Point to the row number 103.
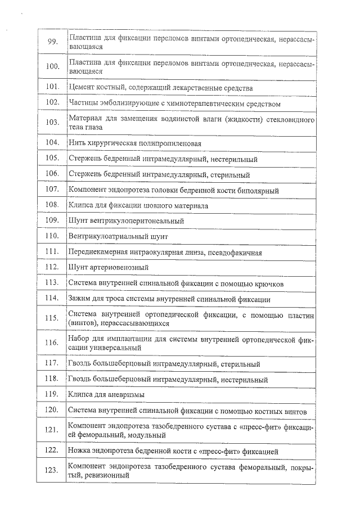coord(52,123)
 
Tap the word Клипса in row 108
coord(79,206)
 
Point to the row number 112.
coord(52,267)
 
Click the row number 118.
coord(52,379)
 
